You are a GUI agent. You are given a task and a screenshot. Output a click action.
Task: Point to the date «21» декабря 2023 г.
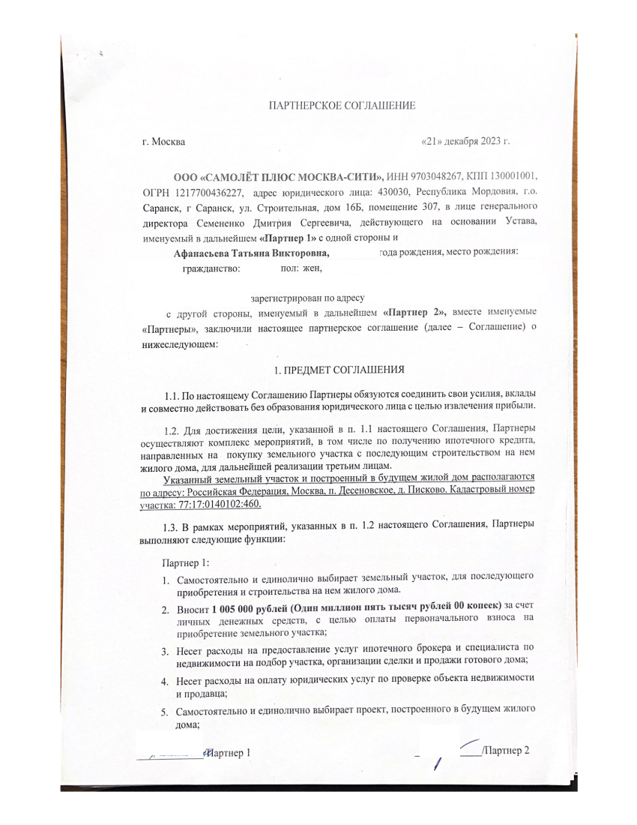pos(466,140)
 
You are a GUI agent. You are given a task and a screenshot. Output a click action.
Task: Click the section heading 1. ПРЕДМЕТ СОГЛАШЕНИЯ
pos(339,370)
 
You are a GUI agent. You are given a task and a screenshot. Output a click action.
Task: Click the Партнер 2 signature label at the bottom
pos(507,751)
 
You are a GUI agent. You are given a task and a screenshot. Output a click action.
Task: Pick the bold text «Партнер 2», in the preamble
pos(414,312)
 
